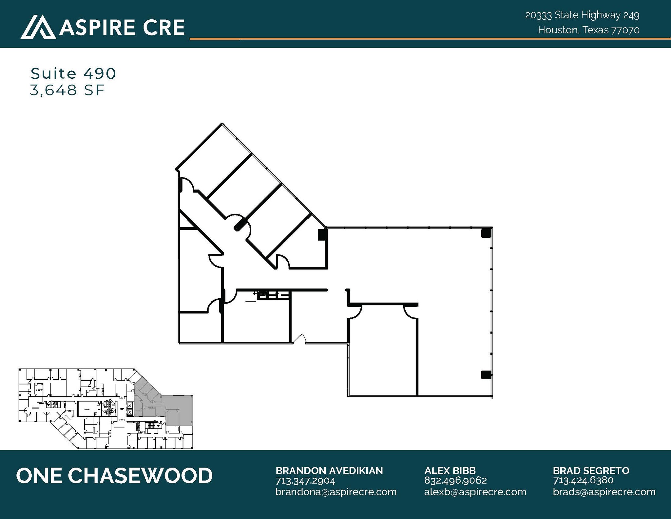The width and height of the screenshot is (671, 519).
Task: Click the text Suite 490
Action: tap(73, 73)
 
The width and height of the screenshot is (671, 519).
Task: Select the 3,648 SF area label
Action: tap(67, 90)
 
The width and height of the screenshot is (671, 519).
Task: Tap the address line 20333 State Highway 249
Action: tap(582, 15)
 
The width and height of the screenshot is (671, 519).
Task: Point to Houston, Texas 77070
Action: tap(588, 30)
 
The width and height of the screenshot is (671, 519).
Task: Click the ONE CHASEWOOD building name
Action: tap(114, 476)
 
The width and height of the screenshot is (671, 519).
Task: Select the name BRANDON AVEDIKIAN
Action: tap(329, 471)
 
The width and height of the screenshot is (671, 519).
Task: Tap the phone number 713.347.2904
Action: tap(305, 481)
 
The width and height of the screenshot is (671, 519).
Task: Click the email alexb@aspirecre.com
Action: tap(475, 492)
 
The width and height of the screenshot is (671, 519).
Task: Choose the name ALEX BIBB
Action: tap(450, 471)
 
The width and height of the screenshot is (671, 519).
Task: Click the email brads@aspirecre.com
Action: tap(604, 492)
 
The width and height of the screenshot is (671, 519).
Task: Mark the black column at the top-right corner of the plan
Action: tap(486, 233)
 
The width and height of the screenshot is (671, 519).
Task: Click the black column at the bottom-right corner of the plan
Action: tap(486, 374)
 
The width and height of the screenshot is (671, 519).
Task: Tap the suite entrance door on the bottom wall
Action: tap(299, 340)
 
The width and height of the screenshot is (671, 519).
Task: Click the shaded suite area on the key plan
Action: tap(179, 410)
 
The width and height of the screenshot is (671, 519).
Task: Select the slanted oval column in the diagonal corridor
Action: tap(239, 226)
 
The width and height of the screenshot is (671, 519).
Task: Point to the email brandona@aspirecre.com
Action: tap(336, 492)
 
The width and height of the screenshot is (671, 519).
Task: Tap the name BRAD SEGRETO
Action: tap(591, 471)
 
